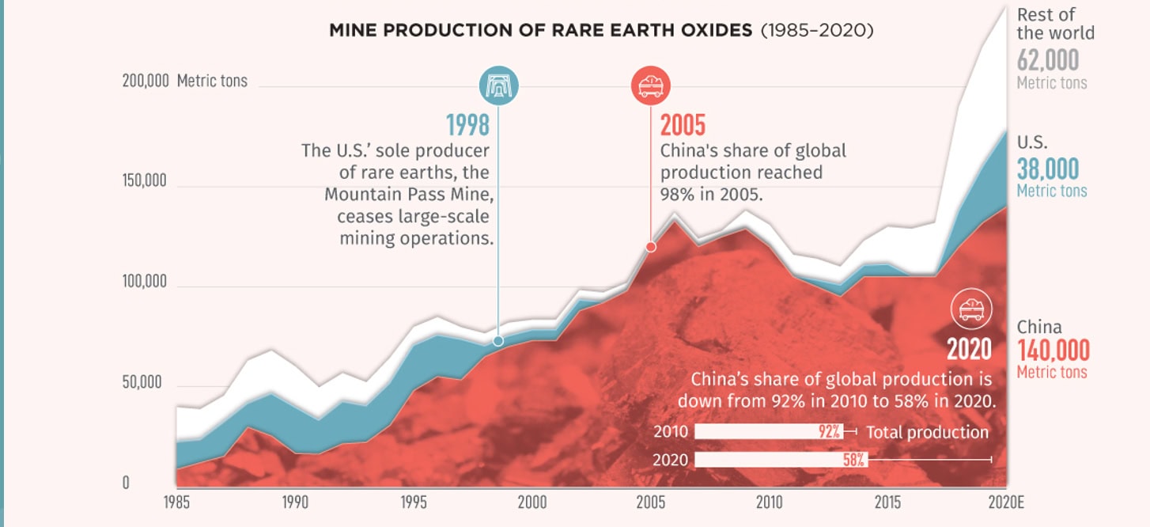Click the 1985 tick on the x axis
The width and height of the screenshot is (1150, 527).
point(176,502)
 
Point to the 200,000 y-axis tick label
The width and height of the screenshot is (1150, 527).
point(145,81)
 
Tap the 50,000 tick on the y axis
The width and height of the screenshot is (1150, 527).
point(142,383)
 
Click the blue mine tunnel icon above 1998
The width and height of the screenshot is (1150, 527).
point(498,85)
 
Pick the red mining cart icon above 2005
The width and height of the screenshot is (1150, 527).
point(650,85)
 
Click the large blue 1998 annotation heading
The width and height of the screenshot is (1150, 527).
point(467,125)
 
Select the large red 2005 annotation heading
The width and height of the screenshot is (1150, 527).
point(683,125)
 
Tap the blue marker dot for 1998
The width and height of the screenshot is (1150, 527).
point(497,341)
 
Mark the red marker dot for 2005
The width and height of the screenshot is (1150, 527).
point(651,247)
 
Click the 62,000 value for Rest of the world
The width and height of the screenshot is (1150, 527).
point(1047,60)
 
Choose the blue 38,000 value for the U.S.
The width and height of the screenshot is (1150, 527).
point(1047,169)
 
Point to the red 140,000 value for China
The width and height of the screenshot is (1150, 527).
point(1053,350)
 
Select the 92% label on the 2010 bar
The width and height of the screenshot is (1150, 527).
point(829,432)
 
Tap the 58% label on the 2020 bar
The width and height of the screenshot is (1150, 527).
point(854,459)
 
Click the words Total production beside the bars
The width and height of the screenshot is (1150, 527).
point(927,432)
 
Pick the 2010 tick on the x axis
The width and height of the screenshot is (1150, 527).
point(769,502)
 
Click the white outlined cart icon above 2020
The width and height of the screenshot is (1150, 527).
point(970,307)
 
